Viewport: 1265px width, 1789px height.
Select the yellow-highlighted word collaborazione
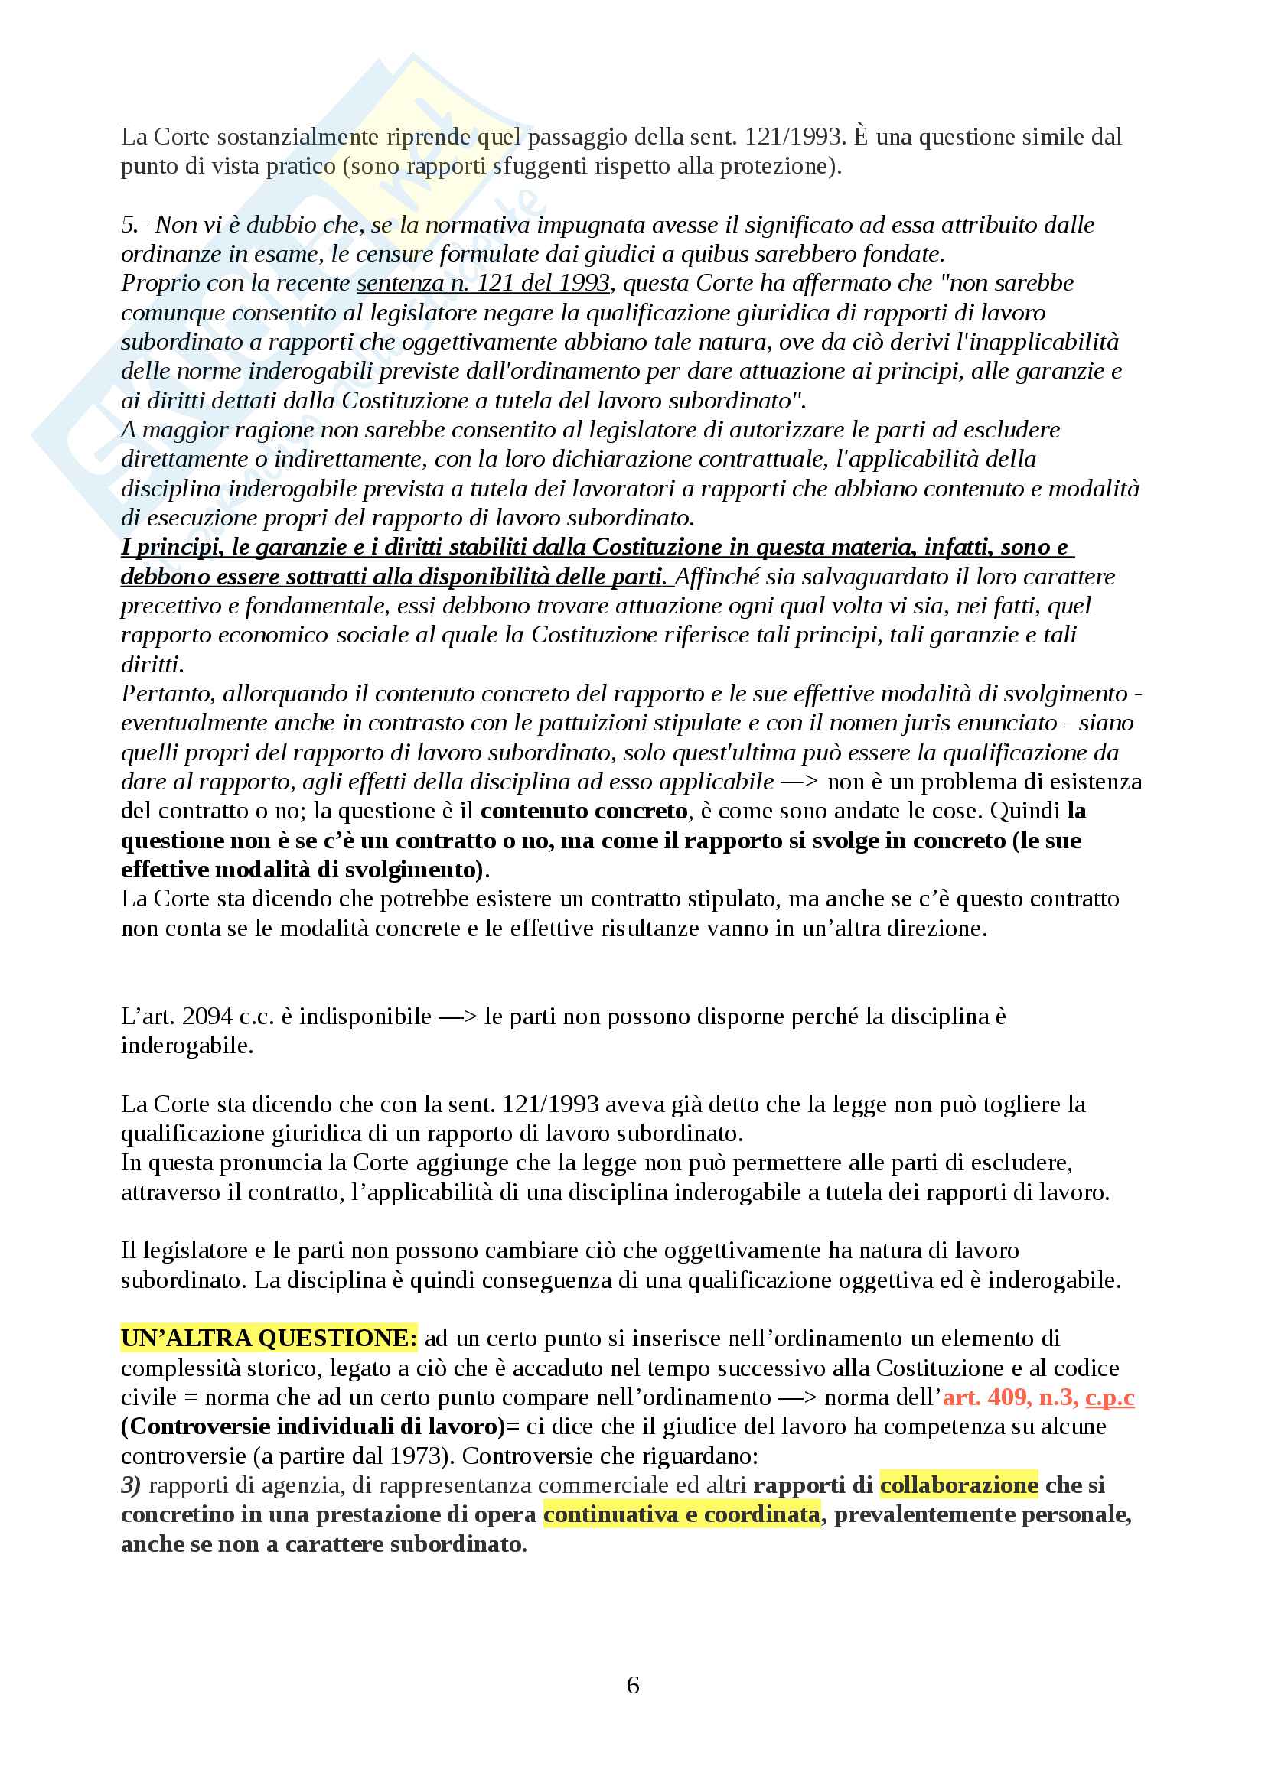point(959,1485)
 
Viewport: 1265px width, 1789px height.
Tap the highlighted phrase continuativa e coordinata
point(682,1514)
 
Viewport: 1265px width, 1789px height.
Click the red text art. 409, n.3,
point(1010,1397)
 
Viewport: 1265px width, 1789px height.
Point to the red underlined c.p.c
point(1109,1397)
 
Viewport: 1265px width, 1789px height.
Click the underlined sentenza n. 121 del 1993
point(483,283)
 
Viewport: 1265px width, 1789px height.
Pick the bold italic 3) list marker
point(130,1485)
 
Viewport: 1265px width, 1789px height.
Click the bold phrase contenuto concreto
point(584,810)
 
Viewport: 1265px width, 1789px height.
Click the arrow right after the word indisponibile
point(458,1016)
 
